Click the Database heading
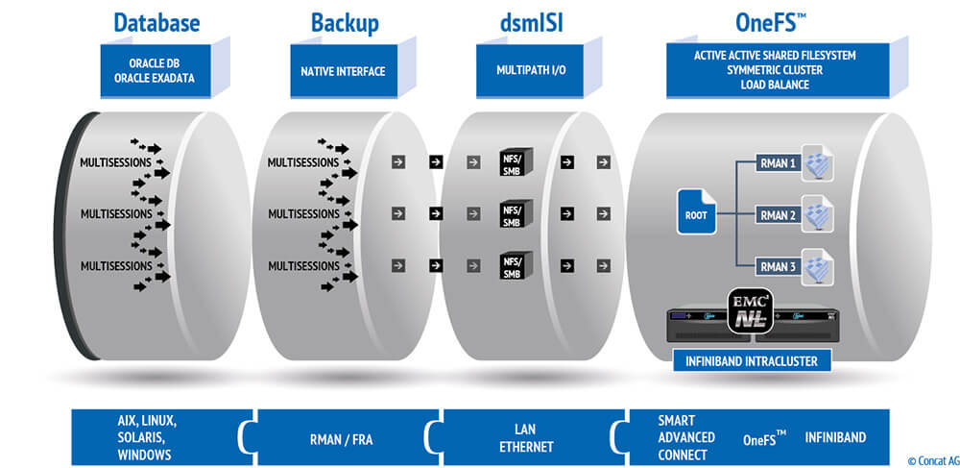coord(158,22)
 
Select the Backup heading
coord(345,22)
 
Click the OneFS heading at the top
coord(769,22)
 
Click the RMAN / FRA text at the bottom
coord(345,438)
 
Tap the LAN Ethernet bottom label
coord(527,438)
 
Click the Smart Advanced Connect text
coord(686,438)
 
